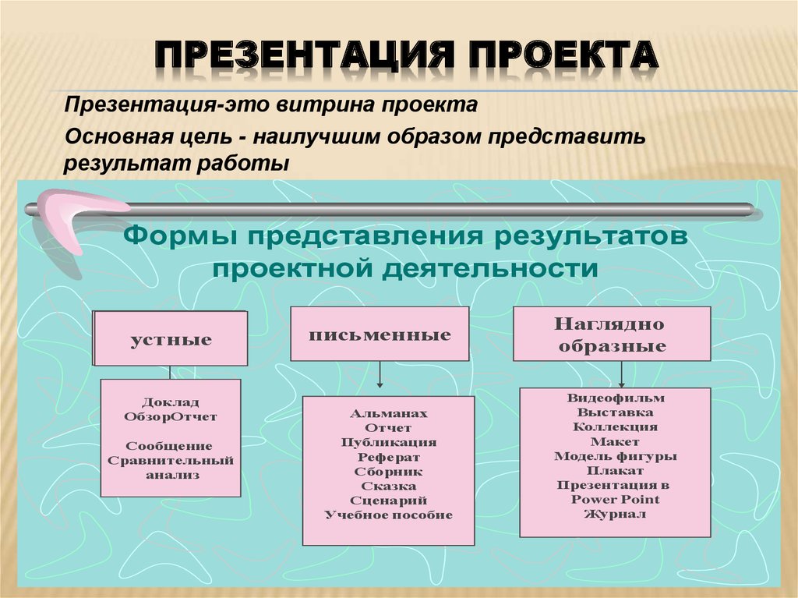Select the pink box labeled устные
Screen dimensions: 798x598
pos(170,338)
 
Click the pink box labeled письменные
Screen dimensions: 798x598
pos(380,334)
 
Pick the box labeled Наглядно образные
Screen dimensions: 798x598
pos(612,334)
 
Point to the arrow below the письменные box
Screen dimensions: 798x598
pos(380,374)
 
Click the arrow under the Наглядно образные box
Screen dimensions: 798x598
pos(621,374)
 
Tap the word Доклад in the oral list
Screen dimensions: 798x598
pos(170,402)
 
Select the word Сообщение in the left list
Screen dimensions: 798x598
pos(169,446)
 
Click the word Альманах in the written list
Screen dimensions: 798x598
pos(389,413)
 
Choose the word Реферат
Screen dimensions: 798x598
pos(389,458)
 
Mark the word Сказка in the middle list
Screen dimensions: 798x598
pos(389,487)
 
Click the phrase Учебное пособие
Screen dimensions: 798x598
pos(389,515)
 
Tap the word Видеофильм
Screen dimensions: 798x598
pos(616,398)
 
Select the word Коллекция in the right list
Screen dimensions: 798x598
pos(616,426)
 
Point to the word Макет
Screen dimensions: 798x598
pos(615,441)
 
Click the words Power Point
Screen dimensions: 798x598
pos(615,500)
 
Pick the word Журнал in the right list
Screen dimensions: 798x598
pos(615,514)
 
